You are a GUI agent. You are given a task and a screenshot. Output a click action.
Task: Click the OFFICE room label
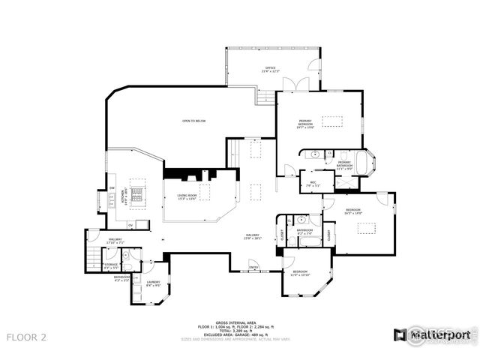tap(268, 69)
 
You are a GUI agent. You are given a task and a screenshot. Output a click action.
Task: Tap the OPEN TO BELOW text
tap(193, 121)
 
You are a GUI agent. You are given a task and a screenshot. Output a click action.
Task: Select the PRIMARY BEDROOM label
tap(304, 124)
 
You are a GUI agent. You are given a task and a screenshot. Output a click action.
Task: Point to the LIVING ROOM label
tap(187, 196)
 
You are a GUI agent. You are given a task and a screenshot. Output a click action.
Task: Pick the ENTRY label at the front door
tap(253, 267)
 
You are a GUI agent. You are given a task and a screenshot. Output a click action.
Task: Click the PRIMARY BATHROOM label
tap(343, 163)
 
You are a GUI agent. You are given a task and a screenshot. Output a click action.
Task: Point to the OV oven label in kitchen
tap(130, 224)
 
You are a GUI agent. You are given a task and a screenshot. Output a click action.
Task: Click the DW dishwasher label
tap(112, 187)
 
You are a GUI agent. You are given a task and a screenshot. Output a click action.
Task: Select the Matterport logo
tap(432, 334)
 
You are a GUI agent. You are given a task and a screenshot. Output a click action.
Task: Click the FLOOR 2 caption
tap(26, 337)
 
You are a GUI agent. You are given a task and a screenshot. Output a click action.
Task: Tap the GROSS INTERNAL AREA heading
tap(231, 320)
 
